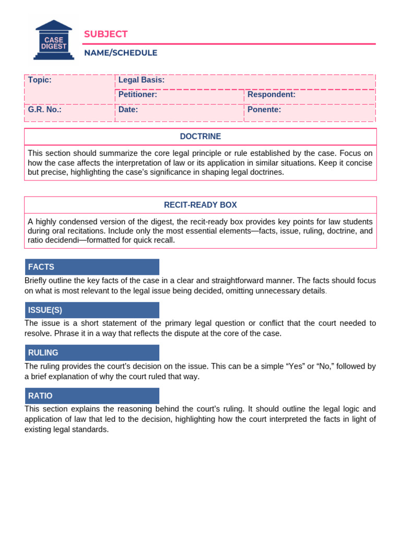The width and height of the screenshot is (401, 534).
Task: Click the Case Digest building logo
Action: click(x=54, y=40)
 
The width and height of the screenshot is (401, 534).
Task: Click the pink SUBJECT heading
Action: click(x=105, y=34)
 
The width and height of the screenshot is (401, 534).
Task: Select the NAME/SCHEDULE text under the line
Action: click(x=121, y=53)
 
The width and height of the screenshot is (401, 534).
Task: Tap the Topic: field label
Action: click(x=40, y=80)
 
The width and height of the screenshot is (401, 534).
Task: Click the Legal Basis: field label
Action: click(x=141, y=80)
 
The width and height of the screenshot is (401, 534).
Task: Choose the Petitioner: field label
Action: click(x=138, y=94)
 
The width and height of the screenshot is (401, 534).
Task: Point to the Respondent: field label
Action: click(x=272, y=94)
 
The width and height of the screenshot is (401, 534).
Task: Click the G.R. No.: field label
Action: click(x=44, y=110)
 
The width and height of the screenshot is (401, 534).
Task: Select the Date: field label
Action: click(x=128, y=110)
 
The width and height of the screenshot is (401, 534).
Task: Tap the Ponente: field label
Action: click(x=264, y=110)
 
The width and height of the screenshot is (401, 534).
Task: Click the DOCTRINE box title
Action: click(x=200, y=137)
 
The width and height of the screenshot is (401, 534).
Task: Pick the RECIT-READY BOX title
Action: click(x=200, y=205)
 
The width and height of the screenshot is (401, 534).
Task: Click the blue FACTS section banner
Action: click(x=92, y=267)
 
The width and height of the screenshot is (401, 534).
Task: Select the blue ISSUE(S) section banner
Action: click(x=92, y=310)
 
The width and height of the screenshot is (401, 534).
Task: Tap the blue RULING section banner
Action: click(x=92, y=353)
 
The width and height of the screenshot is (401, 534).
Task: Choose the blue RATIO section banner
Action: click(x=92, y=396)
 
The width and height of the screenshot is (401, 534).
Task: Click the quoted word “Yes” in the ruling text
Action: click(x=293, y=367)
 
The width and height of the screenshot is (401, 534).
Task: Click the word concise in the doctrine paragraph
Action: click(x=359, y=163)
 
